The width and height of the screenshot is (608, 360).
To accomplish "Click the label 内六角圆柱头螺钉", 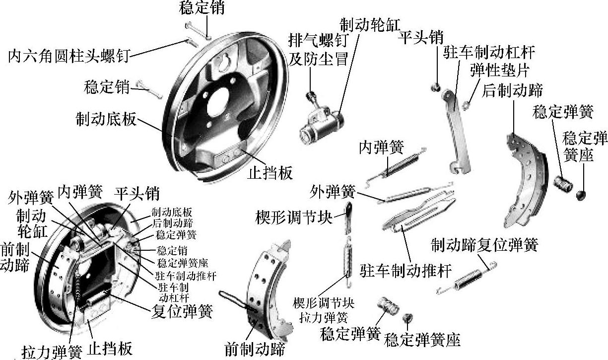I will pyautogui.click(x=68, y=55).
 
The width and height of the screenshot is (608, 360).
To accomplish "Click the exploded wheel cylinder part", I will pyautogui.click(x=320, y=124).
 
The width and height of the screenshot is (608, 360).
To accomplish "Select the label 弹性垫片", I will pyautogui.click(x=500, y=70).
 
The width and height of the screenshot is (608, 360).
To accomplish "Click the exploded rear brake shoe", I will pyautogui.click(x=524, y=179).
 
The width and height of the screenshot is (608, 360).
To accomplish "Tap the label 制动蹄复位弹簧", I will pyautogui.click(x=484, y=245).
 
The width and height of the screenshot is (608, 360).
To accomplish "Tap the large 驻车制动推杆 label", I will pyautogui.click(x=406, y=271).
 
